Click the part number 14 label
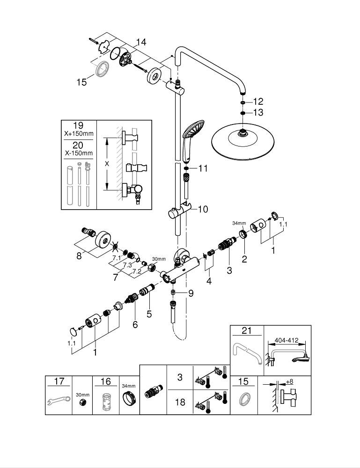(141, 42)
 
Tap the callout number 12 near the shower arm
(258, 102)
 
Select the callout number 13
(258, 112)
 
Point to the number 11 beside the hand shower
(202, 168)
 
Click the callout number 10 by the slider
(203, 209)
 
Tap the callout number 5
(149, 314)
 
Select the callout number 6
(135, 324)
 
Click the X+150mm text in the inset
(79, 133)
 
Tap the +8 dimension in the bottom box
(289, 382)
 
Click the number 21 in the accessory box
(247, 331)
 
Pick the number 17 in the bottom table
(59, 381)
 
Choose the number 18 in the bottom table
(180, 402)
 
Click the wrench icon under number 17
(59, 401)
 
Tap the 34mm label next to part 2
(239, 224)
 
